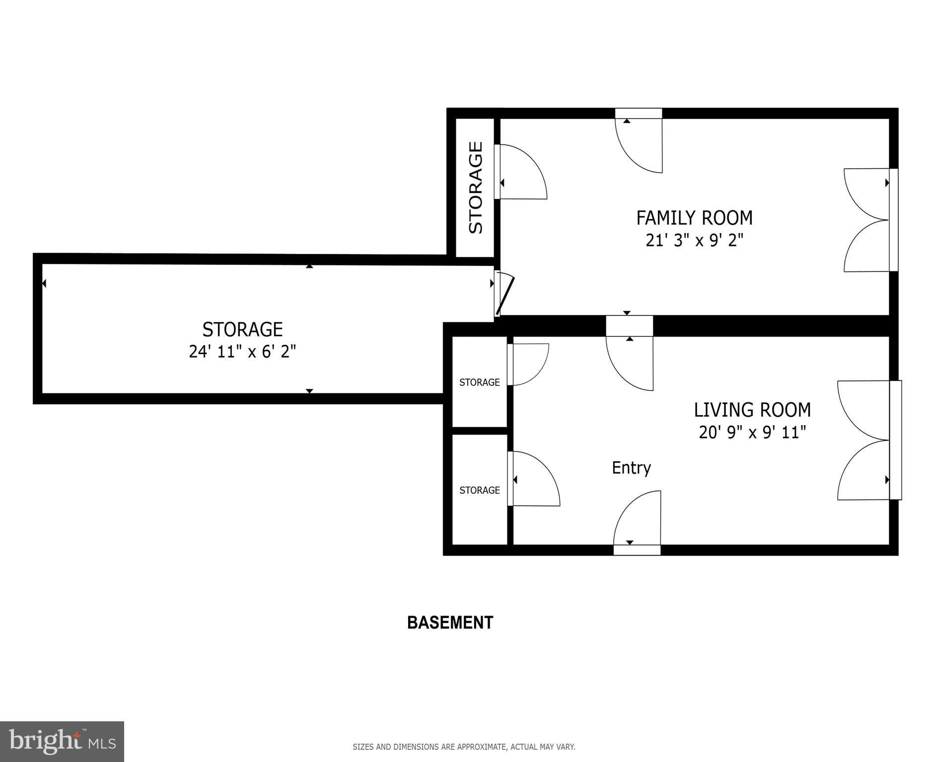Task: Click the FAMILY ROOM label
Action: point(694,218)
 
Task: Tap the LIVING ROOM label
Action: point(752,410)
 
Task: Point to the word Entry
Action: point(631,468)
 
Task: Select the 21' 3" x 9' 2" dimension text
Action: point(694,241)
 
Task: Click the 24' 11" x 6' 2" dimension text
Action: point(242,352)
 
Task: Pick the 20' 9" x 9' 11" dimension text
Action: point(752,433)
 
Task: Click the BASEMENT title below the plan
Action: point(450,623)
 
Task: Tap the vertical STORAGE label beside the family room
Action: point(476,188)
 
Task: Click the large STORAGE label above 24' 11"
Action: point(242,329)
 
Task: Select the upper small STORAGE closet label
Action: point(480,382)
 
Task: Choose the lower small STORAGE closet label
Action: point(480,491)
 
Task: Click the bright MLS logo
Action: point(62,742)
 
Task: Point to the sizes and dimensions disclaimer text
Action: point(464,747)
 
